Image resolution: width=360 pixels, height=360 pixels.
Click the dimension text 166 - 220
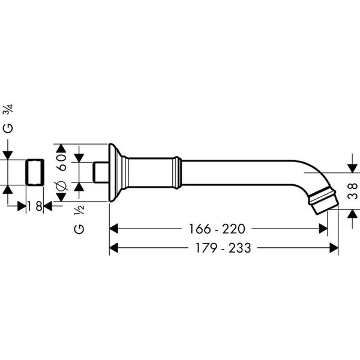[x=218, y=229]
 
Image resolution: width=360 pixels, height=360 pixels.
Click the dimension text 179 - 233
[x=218, y=247]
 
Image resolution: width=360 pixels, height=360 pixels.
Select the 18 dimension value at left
[x=35, y=206]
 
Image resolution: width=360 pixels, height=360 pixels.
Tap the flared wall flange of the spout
[x=115, y=173]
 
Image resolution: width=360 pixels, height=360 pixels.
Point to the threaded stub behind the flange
[x=101, y=173]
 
